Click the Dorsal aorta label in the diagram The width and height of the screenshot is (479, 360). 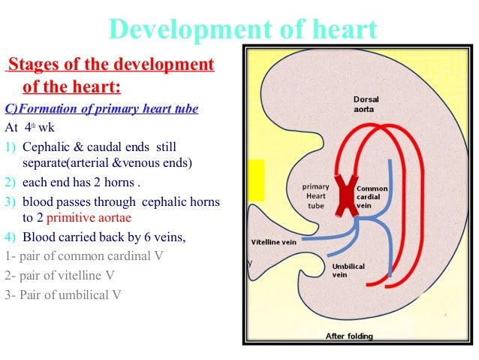(x=368, y=104)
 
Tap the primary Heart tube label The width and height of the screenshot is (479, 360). (x=315, y=195)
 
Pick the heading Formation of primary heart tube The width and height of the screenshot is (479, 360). (x=101, y=109)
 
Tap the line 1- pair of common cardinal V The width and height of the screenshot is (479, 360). (x=84, y=256)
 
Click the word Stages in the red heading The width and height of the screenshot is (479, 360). (x=30, y=65)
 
